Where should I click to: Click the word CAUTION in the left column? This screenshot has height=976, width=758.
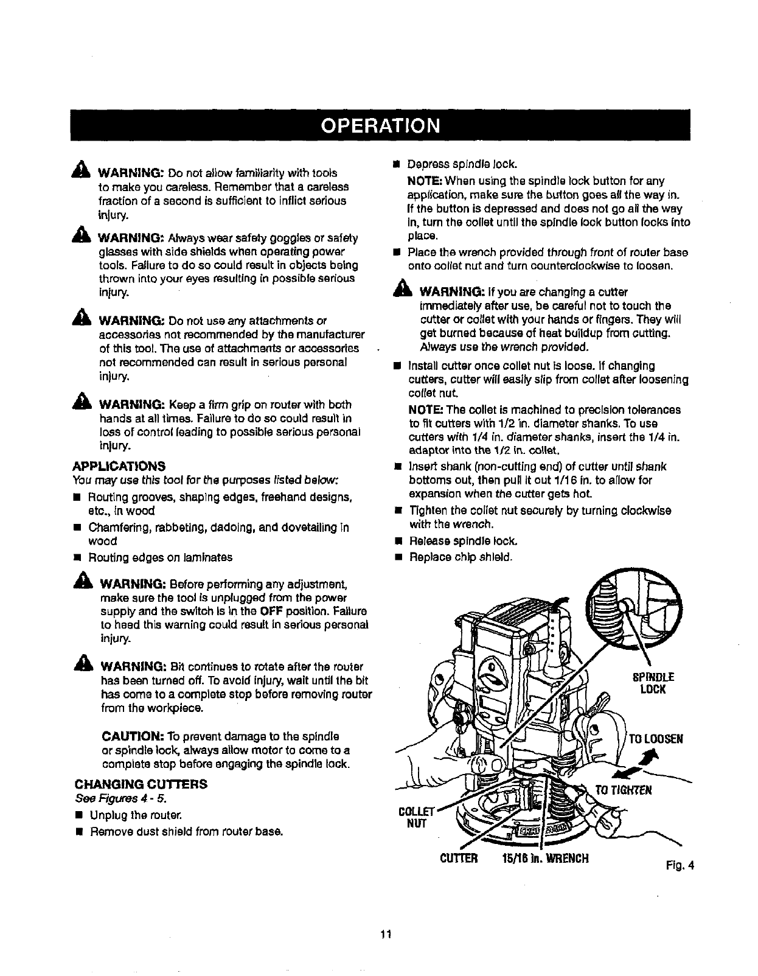(129, 736)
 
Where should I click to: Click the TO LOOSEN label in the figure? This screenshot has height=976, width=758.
(655, 739)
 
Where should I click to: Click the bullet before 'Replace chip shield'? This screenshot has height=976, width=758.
(398, 557)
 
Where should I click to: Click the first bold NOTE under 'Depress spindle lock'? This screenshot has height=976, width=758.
(425, 181)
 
